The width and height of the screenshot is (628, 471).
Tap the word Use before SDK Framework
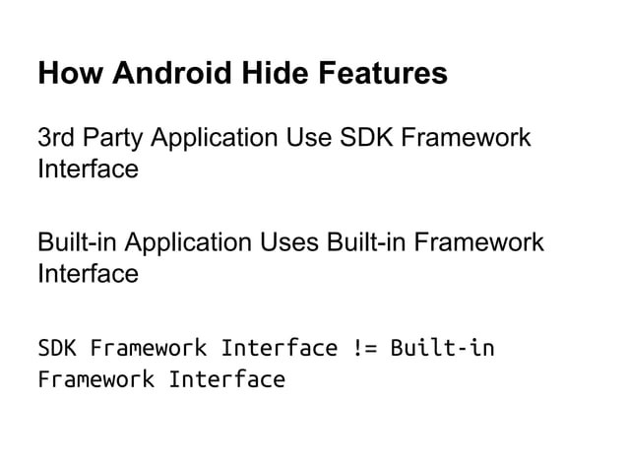(x=302, y=137)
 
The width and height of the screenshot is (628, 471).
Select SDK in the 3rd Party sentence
(x=361, y=137)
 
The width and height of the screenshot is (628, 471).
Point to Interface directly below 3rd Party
(x=87, y=170)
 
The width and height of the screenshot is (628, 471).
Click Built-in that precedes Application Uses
(x=75, y=240)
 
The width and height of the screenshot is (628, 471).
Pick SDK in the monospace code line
(x=56, y=348)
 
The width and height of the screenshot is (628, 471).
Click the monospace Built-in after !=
(x=443, y=348)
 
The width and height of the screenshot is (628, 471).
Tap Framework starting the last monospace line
(x=95, y=379)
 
